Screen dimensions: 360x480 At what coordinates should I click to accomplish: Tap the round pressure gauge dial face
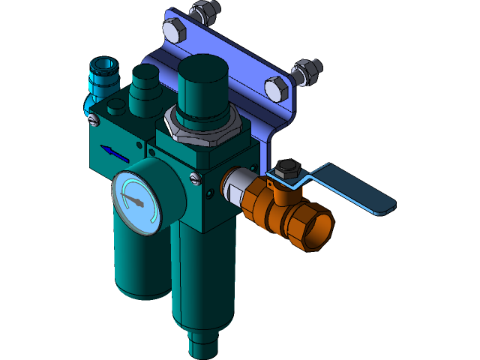click(137, 199)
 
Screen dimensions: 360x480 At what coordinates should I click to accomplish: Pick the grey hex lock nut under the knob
click(196, 127)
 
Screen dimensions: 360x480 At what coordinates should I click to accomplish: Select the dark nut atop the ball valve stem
click(285, 168)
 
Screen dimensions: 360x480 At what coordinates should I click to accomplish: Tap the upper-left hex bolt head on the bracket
click(174, 31)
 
